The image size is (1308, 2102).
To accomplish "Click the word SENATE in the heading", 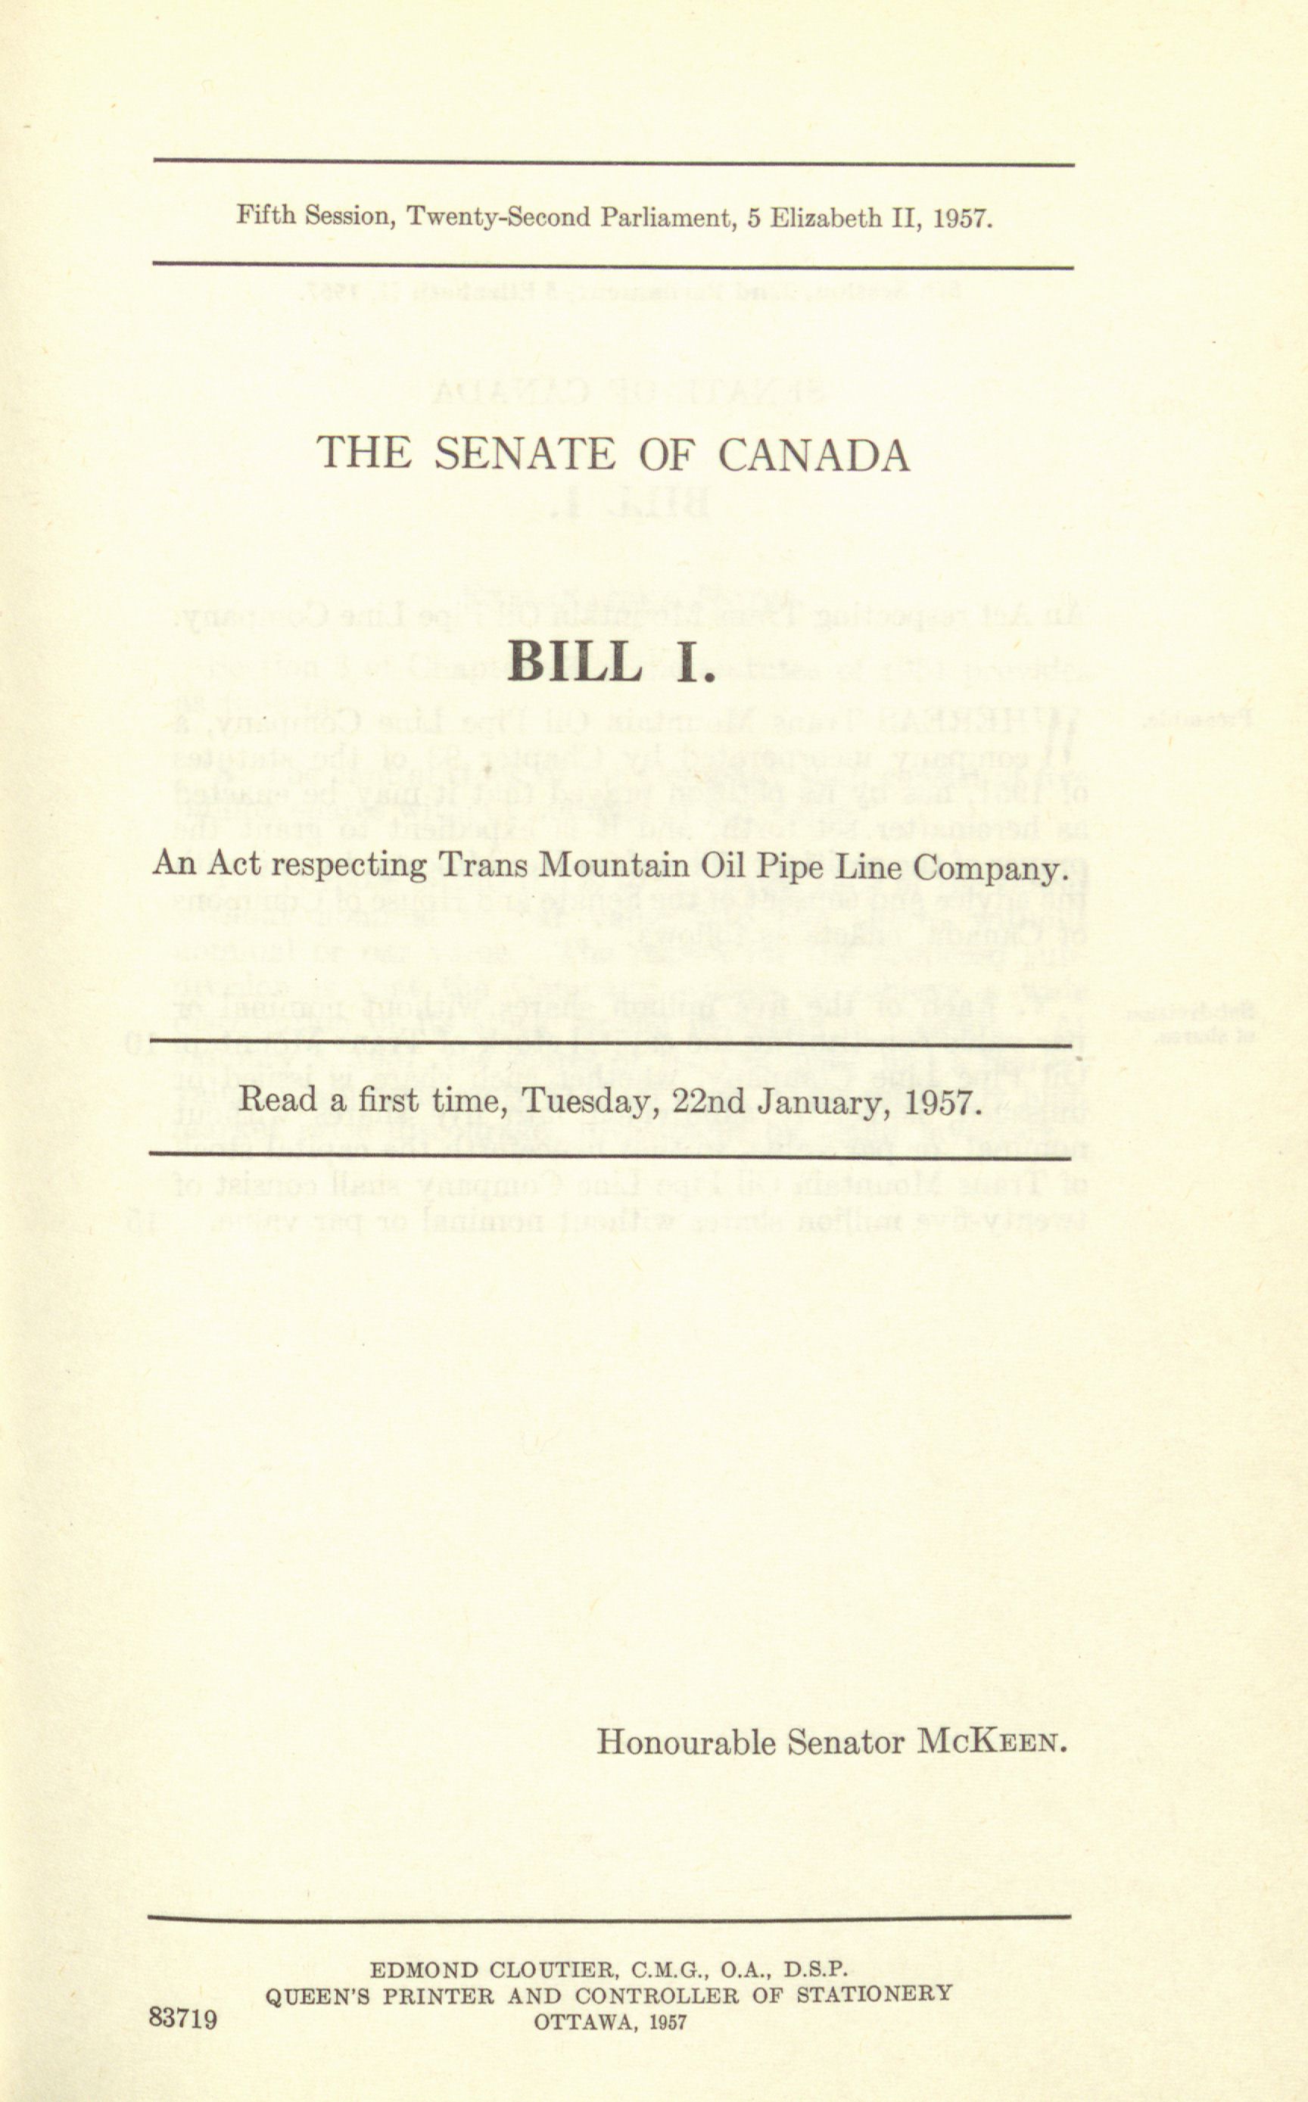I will pyautogui.click(x=525, y=454).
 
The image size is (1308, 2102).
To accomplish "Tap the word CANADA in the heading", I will pyautogui.click(x=814, y=454).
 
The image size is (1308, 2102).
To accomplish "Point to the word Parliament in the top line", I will pyautogui.click(x=665, y=216).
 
